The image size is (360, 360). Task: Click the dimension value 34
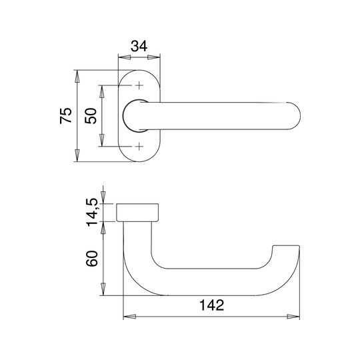tap(139, 46)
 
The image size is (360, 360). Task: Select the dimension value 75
tap(66, 115)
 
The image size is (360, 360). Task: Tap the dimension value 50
tap(91, 116)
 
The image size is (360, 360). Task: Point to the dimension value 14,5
tap(92, 212)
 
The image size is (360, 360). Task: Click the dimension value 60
tap(92, 259)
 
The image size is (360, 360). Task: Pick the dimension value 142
tap(211, 305)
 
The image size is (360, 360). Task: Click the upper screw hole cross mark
tap(139, 85)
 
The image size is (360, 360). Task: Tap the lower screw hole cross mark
tap(139, 146)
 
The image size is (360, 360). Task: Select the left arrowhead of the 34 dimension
tap(125, 57)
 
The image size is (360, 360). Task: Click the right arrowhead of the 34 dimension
tap(154, 57)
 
